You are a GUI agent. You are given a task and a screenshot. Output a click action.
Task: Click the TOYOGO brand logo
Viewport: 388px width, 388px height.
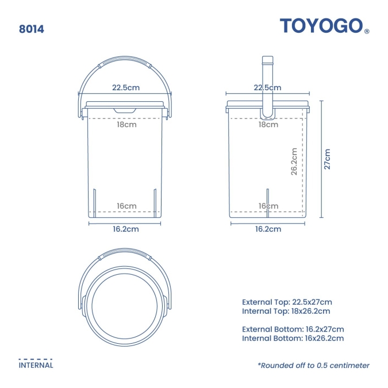point(321,25)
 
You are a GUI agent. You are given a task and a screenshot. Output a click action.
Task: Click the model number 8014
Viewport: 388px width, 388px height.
point(32,29)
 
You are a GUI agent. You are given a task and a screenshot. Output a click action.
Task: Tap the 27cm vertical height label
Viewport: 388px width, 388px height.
point(327,159)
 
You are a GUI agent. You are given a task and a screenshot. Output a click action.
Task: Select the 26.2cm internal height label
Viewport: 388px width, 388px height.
point(294,162)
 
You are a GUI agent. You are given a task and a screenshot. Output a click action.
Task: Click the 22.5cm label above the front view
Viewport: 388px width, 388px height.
point(126,87)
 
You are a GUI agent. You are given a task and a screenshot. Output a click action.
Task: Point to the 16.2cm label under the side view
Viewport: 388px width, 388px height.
point(268,229)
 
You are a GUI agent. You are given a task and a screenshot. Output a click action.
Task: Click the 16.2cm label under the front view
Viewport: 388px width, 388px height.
point(126,229)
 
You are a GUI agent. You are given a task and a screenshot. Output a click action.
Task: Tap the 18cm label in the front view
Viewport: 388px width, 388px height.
point(126,125)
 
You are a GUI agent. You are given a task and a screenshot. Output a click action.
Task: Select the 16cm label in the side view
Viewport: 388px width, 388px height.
point(268,206)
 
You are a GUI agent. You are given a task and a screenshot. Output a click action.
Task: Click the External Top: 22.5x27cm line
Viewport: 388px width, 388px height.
point(287,302)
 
